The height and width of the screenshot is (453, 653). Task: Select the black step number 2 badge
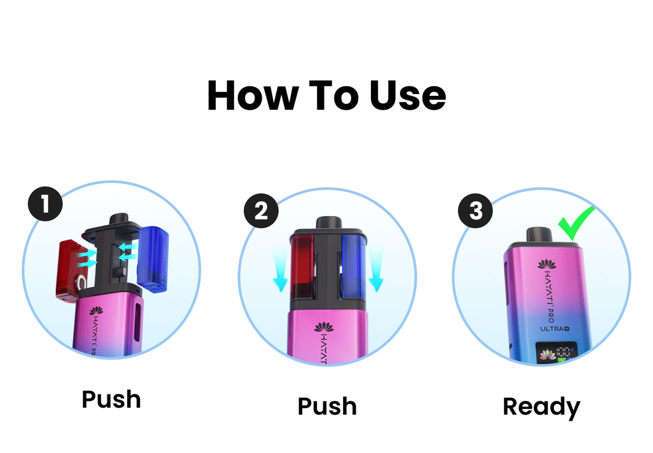pyautogui.click(x=261, y=211)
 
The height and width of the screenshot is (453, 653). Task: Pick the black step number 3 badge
pyautogui.click(x=475, y=211)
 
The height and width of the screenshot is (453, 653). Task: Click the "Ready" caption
pyautogui.click(x=541, y=407)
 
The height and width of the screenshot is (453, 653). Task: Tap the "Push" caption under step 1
pyautogui.click(x=111, y=400)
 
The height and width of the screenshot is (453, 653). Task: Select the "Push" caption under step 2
pyautogui.click(x=327, y=407)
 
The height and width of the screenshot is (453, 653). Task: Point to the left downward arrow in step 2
pyautogui.click(x=280, y=267)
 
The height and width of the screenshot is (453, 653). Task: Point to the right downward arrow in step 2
pyautogui.click(x=376, y=267)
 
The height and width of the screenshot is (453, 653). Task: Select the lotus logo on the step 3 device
pyautogui.click(x=546, y=264)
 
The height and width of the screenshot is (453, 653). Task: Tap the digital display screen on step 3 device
pyautogui.click(x=554, y=354)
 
